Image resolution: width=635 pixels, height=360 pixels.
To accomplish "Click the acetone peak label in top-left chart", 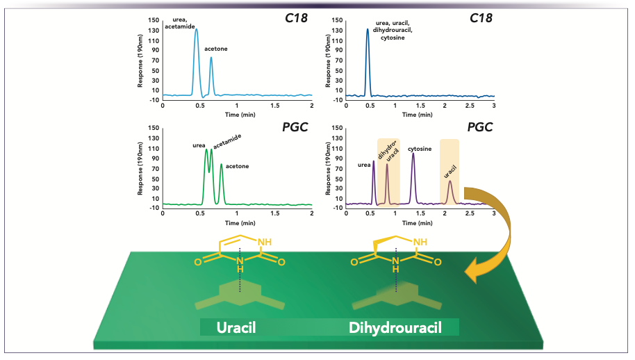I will [217, 49].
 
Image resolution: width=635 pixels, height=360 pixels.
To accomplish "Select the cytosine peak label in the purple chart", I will [419, 148].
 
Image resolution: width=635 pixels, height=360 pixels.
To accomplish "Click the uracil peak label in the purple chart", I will [450, 169].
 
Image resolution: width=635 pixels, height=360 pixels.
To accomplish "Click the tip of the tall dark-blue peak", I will [368, 29].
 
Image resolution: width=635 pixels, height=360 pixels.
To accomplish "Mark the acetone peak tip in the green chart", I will [221, 165].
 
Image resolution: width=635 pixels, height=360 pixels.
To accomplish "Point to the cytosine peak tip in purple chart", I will [413, 154].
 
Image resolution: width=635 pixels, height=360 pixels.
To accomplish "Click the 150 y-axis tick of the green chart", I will [154, 128].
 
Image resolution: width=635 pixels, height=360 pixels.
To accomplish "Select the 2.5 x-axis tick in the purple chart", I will [469, 214].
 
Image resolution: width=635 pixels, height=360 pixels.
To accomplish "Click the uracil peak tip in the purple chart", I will [450, 181].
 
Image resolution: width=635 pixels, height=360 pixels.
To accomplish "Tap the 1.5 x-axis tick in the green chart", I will [275, 214].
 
